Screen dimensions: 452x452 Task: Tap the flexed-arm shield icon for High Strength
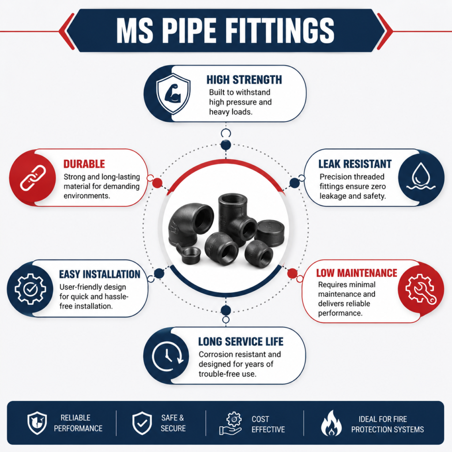tap(173, 94)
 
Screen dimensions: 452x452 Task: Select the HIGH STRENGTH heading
tap(244, 80)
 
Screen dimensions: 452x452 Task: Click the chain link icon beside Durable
tap(33, 178)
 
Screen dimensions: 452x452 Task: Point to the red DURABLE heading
tap(84, 164)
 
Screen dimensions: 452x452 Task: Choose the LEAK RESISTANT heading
tap(355, 164)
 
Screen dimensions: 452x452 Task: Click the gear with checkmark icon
tap(30, 289)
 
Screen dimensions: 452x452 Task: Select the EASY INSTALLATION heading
tap(100, 274)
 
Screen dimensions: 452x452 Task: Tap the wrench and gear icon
tap(421, 289)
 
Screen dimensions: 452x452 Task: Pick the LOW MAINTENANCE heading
tap(357, 273)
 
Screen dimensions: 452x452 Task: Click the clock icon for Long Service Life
tap(168, 356)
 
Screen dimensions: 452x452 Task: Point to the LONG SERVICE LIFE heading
tap(241, 342)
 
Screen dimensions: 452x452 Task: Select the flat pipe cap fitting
tap(270, 233)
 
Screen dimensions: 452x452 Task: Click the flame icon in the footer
tap(331, 423)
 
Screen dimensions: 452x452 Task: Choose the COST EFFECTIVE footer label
tap(268, 424)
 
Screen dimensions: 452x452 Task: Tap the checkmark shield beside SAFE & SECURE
tap(142, 423)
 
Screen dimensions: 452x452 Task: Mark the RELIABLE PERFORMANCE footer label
tap(78, 423)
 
